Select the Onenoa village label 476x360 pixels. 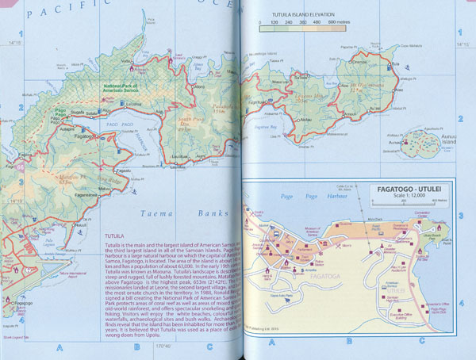click(359, 61)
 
